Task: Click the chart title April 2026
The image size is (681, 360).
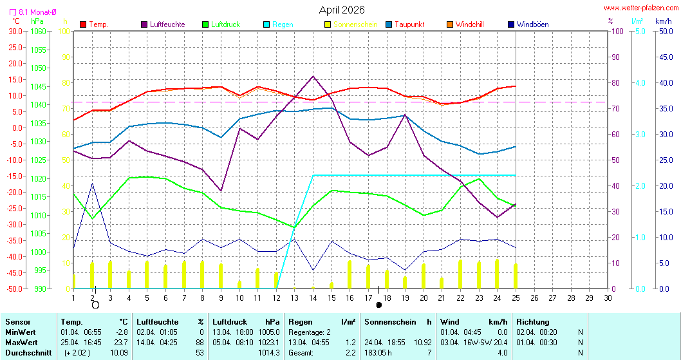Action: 342,10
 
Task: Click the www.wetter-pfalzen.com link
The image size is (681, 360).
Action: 640,8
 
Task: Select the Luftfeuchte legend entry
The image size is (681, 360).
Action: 167,24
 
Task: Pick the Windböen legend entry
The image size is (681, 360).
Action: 532,24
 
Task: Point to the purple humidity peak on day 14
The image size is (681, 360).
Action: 313,76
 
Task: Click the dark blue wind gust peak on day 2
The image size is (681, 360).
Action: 93,184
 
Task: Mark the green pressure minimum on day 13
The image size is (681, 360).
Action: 294,227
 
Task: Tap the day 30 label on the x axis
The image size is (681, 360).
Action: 608,298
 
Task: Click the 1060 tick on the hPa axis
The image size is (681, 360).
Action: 39,31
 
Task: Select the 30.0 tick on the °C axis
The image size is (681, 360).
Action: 15,31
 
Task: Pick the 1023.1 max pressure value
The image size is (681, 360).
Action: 269,342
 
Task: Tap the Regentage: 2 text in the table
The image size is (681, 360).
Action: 310,332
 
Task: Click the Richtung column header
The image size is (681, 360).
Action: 533,321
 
